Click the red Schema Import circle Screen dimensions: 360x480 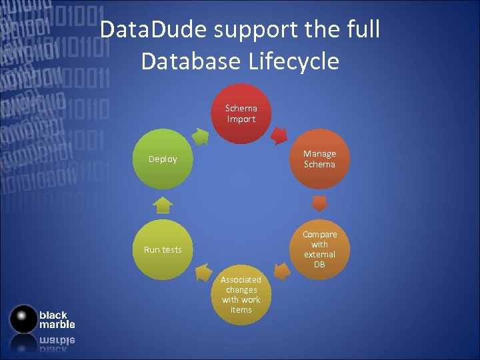[x=241, y=113]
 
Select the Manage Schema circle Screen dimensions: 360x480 [x=319, y=159]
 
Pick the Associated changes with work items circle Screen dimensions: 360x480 [x=241, y=295]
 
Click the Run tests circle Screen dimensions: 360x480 [x=163, y=249]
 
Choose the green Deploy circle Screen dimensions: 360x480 [x=163, y=159]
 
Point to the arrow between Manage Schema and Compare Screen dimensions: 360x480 [x=320, y=203]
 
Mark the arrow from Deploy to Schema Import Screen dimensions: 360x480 [x=200, y=135]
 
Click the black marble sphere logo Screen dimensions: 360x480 [x=24, y=319]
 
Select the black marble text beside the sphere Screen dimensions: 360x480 [x=57, y=319]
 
